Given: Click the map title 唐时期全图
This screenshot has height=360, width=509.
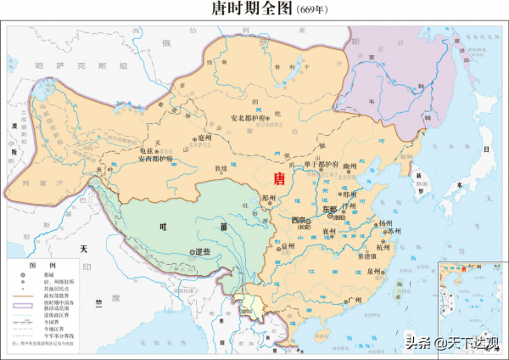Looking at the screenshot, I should (242, 9).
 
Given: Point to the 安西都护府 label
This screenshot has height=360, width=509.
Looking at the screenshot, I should (156, 159).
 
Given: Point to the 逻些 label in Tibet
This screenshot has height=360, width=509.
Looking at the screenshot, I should (201, 252).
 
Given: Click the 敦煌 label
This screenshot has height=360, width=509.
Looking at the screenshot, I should (221, 169).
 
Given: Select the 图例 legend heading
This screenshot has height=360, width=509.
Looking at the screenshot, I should (36, 265).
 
